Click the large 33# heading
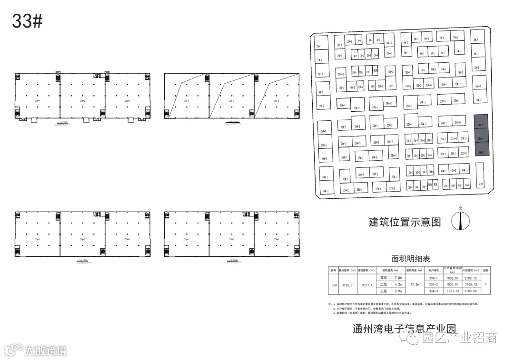28,21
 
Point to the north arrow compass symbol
460,220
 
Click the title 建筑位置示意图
405,222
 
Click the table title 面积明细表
410,259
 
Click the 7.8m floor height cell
397,277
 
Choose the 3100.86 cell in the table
469,291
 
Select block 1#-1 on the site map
319,46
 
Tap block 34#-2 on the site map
326,191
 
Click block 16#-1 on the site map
478,86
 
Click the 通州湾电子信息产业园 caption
405,329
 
